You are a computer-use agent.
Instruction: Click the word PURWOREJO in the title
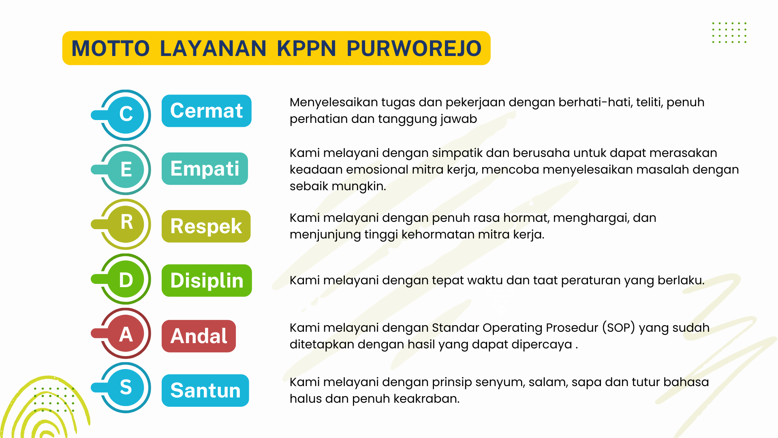[x=414, y=48]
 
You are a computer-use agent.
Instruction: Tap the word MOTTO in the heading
[x=111, y=48]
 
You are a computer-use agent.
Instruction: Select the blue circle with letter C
[x=126, y=115]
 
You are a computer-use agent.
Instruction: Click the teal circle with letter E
[x=126, y=170]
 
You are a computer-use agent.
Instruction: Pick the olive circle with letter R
[x=126, y=224]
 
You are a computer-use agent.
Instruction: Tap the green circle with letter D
[x=126, y=279]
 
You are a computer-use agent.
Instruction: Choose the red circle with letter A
[x=126, y=333]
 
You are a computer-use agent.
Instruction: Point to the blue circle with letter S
[x=126, y=388]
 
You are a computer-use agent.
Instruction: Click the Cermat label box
[x=207, y=111]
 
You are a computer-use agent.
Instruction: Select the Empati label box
[x=205, y=169]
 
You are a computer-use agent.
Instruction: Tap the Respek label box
[x=206, y=226]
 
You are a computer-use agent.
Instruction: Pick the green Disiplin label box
[x=207, y=281]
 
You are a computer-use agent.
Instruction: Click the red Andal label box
[x=199, y=336]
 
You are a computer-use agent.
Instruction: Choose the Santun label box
[x=205, y=391]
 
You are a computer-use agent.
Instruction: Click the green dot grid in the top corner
[x=729, y=32]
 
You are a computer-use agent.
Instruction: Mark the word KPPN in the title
[x=306, y=48]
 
